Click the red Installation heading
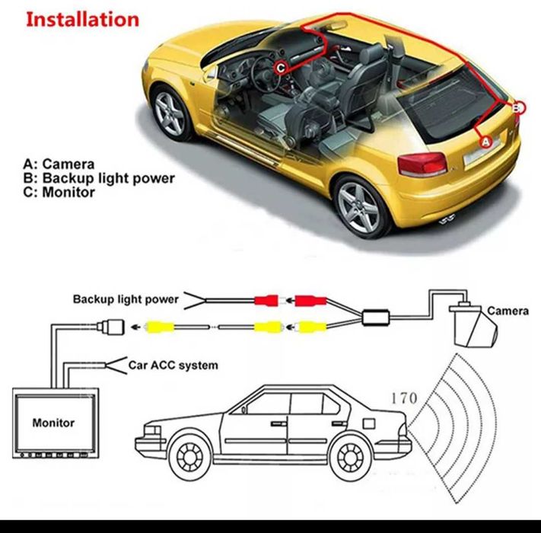click(82, 19)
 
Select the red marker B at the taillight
click(518, 107)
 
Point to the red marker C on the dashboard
click(281, 67)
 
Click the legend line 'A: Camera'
click(59, 164)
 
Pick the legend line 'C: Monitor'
click(59, 193)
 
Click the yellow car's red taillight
click(423, 164)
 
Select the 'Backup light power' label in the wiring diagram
click(126, 299)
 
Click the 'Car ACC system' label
click(173, 365)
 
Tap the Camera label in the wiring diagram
click(508, 311)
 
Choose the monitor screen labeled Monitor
click(53, 422)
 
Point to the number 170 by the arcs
click(403, 397)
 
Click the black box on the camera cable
click(377, 317)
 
